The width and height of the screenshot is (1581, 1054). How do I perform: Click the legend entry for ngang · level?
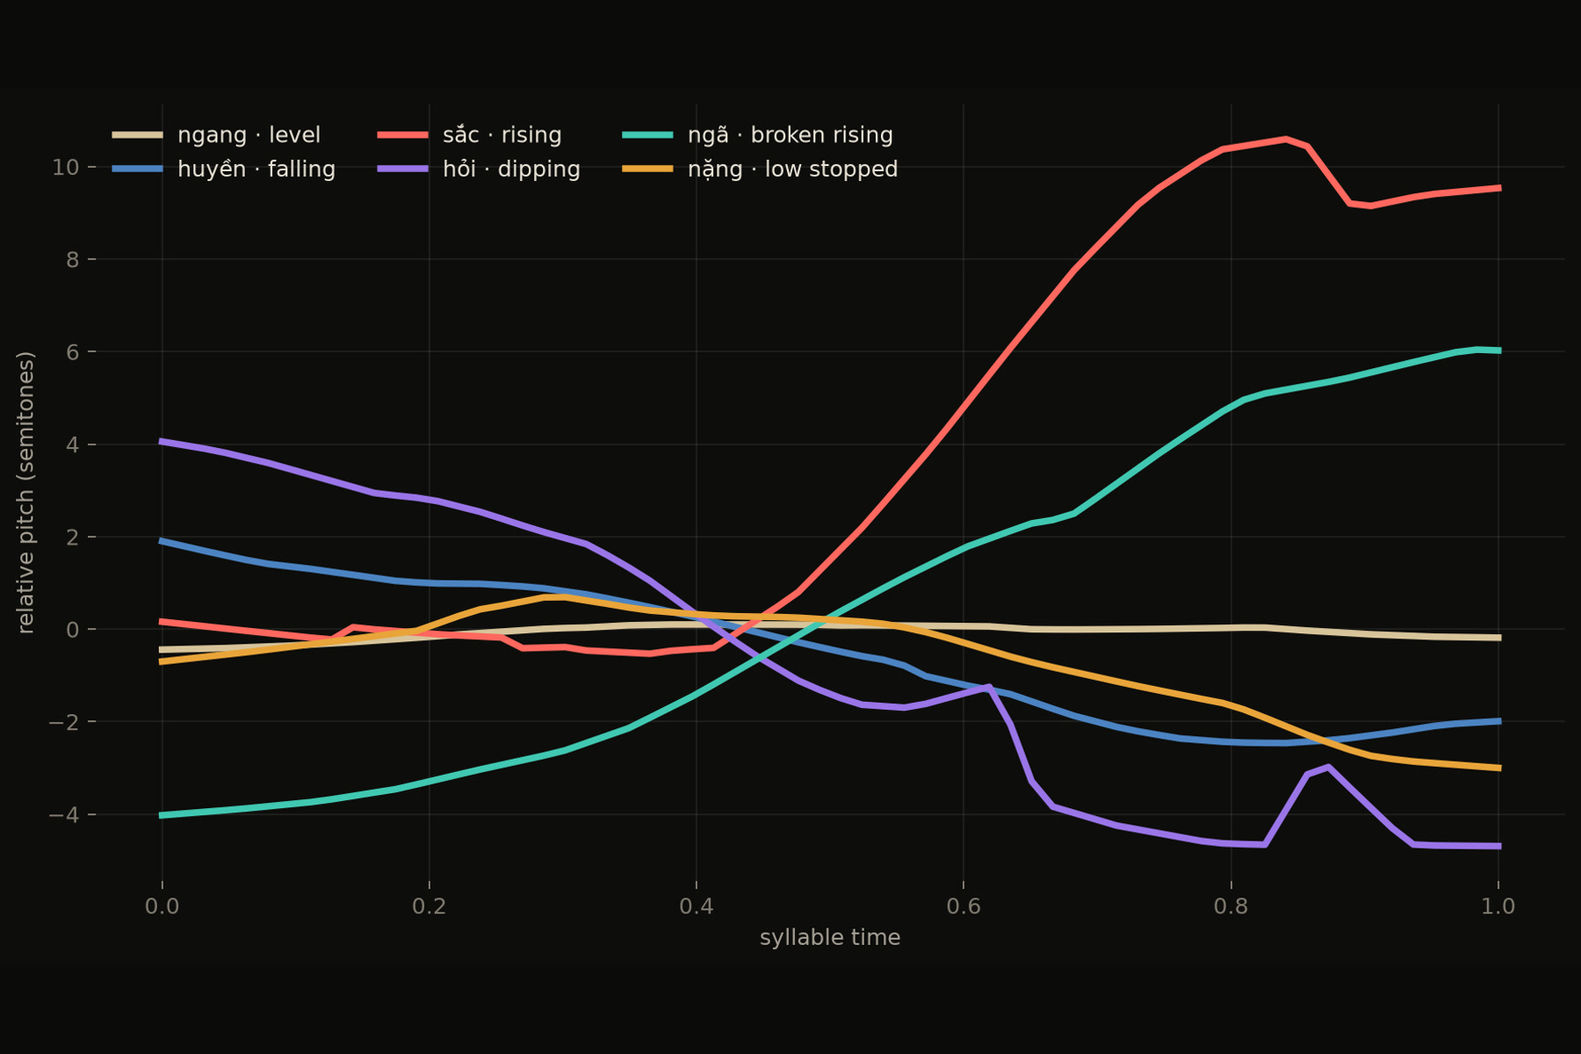pyautogui.click(x=216, y=135)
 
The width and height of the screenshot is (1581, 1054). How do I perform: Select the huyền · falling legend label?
pyautogui.click(x=224, y=170)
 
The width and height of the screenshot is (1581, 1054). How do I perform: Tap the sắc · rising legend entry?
pyautogui.click(x=469, y=135)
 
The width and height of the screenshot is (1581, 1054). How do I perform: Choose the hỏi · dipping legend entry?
pyautogui.click(x=479, y=170)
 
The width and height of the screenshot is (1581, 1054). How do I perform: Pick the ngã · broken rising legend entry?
pyautogui.click(x=757, y=135)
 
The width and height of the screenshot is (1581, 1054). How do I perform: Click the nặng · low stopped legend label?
pyautogui.click(x=760, y=170)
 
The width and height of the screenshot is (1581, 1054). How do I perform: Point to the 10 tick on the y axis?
pyautogui.click(x=65, y=167)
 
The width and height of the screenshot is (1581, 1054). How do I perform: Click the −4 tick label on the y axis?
pyautogui.click(x=63, y=815)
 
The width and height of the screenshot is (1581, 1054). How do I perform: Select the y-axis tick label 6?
pyautogui.click(x=72, y=352)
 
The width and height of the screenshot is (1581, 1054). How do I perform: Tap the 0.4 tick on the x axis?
pyautogui.click(x=696, y=906)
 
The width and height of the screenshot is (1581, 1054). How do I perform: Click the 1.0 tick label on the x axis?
pyautogui.click(x=1498, y=906)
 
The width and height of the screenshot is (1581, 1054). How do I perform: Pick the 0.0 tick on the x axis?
pyautogui.click(x=162, y=906)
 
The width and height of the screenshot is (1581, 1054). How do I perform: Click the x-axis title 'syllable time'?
pyautogui.click(x=830, y=938)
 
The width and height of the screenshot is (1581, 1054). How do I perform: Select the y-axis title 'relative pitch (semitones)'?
pyautogui.click(x=25, y=492)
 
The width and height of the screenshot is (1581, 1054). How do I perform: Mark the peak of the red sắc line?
pyautogui.click(x=1286, y=139)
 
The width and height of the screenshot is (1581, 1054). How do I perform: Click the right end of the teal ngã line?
pyautogui.click(x=1498, y=350)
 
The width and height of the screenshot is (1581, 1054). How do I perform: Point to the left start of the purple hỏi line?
pyautogui.click(x=162, y=441)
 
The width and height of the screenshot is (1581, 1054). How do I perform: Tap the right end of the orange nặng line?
pyautogui.click(x=1498, y=768)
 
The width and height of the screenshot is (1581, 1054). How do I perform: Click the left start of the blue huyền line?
pyautogui.click(x=162, y=541)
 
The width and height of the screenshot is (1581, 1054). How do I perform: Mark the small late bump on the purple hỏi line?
pyautogui.click(x=1327, y=767)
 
